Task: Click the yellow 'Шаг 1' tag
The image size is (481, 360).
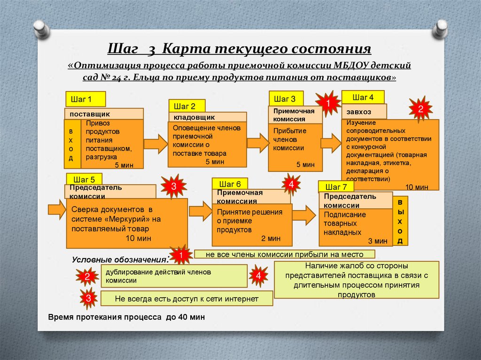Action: pos(85,99)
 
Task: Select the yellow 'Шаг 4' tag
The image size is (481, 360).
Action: pos(363,97)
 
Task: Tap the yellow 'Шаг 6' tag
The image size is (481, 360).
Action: pos(230,184)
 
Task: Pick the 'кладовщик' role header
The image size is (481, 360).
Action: pos(207,117)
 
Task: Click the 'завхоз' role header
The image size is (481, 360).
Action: pos(364,112)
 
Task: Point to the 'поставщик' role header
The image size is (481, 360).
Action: pos(104,114)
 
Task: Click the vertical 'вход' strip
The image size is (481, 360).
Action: pos(72,144)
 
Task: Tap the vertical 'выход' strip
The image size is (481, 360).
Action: pos(400,221)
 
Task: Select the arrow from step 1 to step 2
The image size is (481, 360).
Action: pos(155,144)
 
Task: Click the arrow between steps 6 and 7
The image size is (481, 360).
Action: pos(304,215)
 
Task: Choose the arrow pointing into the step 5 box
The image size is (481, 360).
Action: pos(57,210)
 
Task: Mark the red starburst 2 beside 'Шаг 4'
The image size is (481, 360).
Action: pos(420,109)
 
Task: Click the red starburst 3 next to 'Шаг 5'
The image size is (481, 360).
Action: pos(174,186)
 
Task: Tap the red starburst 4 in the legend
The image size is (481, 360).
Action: pos(258,276)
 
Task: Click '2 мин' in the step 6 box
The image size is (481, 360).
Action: pos(271,238)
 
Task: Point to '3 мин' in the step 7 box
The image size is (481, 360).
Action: pos(378,241)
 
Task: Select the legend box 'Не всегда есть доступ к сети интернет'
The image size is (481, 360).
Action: pos(186,299)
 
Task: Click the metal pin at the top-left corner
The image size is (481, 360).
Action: pos(41,29)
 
